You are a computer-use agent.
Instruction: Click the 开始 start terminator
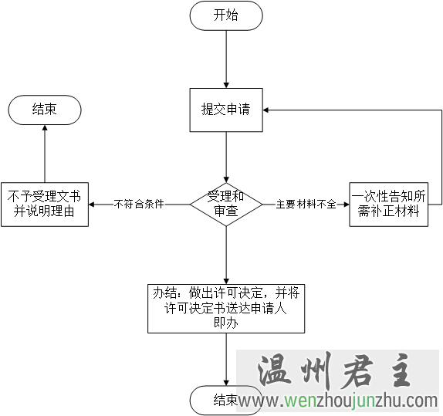tap(226, 15)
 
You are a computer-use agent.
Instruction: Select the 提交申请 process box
tap(226, 110)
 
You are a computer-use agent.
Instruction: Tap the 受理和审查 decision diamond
tap(226, 204)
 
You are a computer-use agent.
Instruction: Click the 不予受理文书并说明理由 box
tap(45, 205)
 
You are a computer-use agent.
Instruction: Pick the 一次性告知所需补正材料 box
tap(388, 205)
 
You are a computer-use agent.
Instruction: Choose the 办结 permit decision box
tap(226, 309)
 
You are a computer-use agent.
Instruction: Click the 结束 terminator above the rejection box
tap(45, 110)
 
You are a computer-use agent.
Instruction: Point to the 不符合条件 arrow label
tap(139, 204)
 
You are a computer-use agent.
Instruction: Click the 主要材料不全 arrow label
tap(306, 204)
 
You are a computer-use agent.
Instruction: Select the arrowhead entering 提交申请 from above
tap(226, 85)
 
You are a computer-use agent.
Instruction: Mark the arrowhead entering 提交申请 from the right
tap(265, 110)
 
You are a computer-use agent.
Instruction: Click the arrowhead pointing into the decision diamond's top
tap(226, 179)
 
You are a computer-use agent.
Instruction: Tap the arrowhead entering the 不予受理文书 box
tap(92, 205)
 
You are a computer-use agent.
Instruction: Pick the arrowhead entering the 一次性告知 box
tap(346, 205)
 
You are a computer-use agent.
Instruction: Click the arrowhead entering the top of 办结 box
tap(226, 281)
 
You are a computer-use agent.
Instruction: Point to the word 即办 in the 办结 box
tap(226, 323)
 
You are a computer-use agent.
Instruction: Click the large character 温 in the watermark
tap(275, 370)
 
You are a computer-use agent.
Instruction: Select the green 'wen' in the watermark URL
tap(300, 401)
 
